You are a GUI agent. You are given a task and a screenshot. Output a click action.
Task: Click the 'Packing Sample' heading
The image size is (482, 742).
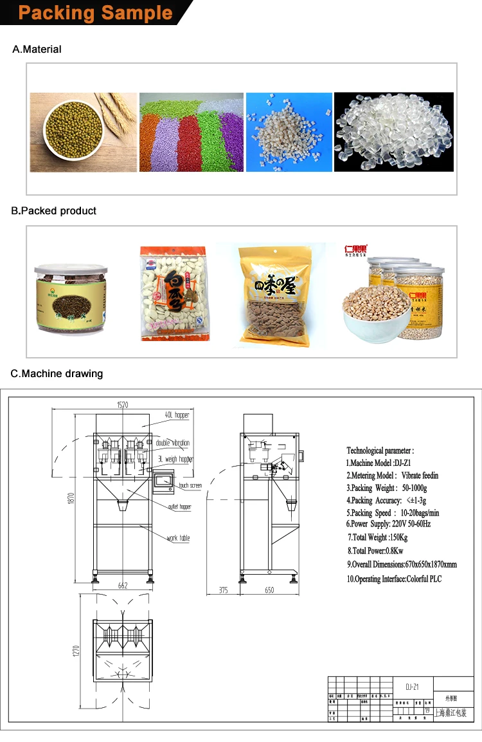(95, 13)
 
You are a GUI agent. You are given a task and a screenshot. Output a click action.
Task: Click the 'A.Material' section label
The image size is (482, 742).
(37, 50)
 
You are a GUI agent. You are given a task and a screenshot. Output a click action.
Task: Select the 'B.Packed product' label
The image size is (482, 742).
(54, 211)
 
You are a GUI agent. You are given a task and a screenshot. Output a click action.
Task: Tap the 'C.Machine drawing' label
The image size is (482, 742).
(57, 374)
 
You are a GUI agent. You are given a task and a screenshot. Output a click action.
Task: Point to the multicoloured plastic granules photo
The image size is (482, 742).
(192, 133)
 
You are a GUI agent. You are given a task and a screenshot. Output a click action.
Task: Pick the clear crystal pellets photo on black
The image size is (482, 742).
(393, 133)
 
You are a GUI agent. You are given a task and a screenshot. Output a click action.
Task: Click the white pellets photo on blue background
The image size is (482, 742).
(289, 133)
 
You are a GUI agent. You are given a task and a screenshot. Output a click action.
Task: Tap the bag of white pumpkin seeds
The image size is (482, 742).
(174, 294)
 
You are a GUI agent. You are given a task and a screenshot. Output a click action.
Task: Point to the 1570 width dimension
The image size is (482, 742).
(122, 405)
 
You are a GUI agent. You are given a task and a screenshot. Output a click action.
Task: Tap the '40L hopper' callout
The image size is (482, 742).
(177, 416)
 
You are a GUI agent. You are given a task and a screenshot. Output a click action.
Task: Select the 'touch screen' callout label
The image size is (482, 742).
(190, 486)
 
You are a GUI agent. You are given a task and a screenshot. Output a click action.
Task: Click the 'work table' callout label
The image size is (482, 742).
(179, 538)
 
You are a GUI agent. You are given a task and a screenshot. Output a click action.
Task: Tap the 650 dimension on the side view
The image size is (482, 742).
(269, 590)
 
